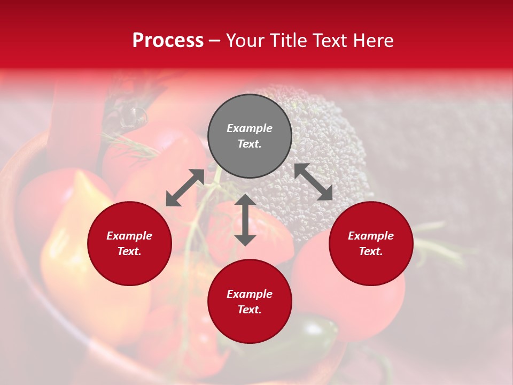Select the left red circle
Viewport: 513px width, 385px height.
pos(129,243)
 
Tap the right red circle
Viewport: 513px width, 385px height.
pos(371,243)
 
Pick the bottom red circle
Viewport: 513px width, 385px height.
pos(250,301)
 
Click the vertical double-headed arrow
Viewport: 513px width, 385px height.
pos(245,220)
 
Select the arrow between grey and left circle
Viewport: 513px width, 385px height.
pos(185,188)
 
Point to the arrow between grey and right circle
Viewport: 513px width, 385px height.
pos(314,182)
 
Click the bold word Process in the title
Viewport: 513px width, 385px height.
pos(168,40)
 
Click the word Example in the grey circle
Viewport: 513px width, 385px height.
pos(250,128)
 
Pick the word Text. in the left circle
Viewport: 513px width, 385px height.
pos(129,251)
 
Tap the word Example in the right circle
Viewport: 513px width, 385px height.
pos(371,236)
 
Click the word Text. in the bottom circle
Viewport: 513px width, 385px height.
pos(250,310)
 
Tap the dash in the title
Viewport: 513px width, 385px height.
pos(215,41)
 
